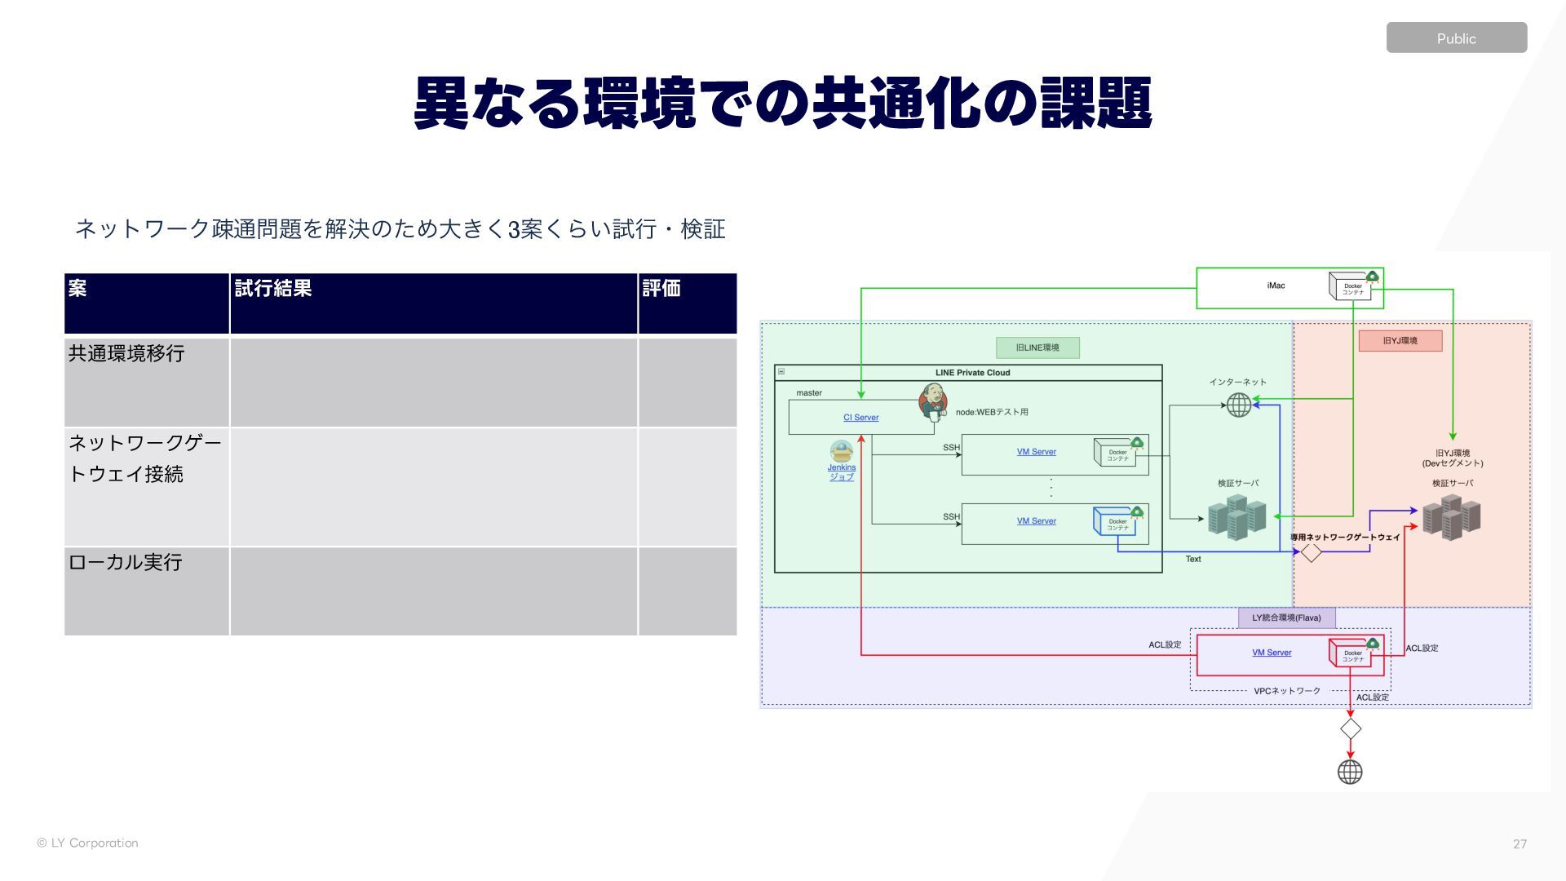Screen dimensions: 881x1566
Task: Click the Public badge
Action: pos(1456,38)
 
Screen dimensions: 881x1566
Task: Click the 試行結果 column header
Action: pos(272,289)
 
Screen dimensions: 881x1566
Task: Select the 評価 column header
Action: pos(661,289)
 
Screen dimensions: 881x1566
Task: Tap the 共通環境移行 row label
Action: pos(126,354)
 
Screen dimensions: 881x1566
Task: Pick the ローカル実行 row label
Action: pos(125,563)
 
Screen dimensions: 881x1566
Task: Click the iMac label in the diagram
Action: pos(1276,286)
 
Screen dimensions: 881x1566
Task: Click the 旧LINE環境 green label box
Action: pos(1037,348)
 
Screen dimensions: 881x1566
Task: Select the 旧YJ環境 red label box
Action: pos(1400,341)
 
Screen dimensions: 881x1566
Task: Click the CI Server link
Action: pos(860,418)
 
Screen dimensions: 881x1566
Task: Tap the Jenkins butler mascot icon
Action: pos(933,401)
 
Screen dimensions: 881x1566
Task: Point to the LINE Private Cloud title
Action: pos(972,373)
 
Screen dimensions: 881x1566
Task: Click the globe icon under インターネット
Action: pos(1239,405)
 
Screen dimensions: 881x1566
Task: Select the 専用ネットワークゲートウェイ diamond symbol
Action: pos(1311,553)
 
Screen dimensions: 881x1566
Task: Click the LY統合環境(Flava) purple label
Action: pos(1286,618)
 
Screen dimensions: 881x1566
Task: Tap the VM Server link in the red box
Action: pos(1272,653)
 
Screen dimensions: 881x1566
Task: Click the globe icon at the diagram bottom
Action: pos(1350,772)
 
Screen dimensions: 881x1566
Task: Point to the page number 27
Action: pos(1520,844)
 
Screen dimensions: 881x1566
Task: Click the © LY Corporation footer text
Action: pos(87,843)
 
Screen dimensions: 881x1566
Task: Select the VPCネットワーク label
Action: pos(1286,691)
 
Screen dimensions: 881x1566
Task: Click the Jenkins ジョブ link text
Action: pos(842,472)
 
